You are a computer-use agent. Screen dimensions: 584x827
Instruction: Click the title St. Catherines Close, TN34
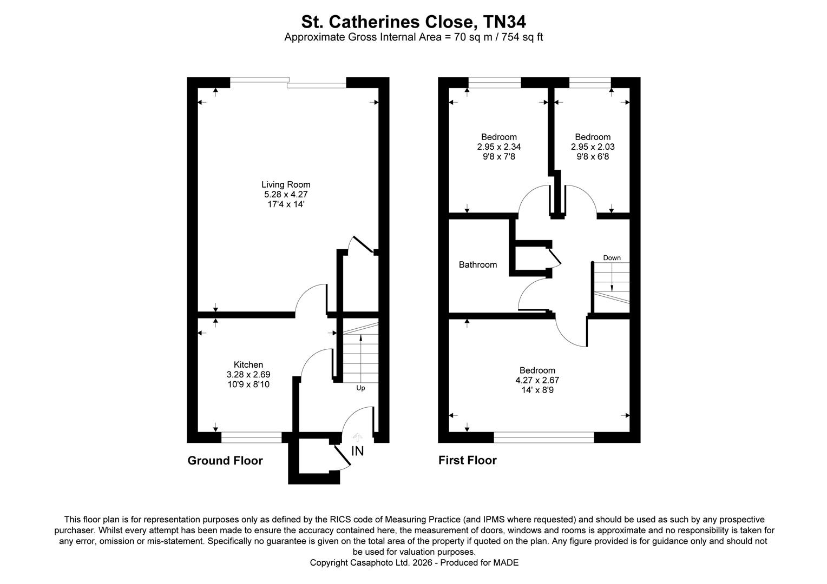pos(413,22)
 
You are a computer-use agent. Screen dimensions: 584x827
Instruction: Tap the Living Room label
pos(286,184)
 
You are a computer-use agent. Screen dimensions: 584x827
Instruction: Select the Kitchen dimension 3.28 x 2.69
pos(248,374)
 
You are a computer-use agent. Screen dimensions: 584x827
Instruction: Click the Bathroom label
pos(477,264)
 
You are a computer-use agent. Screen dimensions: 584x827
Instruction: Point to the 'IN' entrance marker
pos(357,450)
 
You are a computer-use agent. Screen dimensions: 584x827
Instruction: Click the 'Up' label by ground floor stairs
pos(360,388)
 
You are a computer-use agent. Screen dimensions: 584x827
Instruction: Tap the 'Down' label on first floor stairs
pos(612,258)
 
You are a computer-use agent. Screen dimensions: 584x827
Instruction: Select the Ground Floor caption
pos(225,461)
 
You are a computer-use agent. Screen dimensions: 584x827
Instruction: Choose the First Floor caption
pos(467,460)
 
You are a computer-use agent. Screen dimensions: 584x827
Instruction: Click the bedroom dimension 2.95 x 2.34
pos(498,147)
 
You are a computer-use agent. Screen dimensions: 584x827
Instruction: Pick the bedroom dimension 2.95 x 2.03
pos(593,147)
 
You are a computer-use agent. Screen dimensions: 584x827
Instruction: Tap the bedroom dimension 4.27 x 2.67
pos(537,380)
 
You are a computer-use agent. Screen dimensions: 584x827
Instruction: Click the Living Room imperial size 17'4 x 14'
pos(286,204)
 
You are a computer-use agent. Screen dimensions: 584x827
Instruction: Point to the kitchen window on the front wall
pos(251,437)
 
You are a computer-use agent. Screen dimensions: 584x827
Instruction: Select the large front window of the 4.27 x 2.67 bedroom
pos(543,437)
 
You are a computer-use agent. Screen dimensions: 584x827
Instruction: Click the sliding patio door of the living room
pos(288,82)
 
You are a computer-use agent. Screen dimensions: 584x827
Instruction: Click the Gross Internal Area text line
pos(413,37)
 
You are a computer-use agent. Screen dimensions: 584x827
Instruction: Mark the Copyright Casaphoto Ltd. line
pos(413,563)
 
